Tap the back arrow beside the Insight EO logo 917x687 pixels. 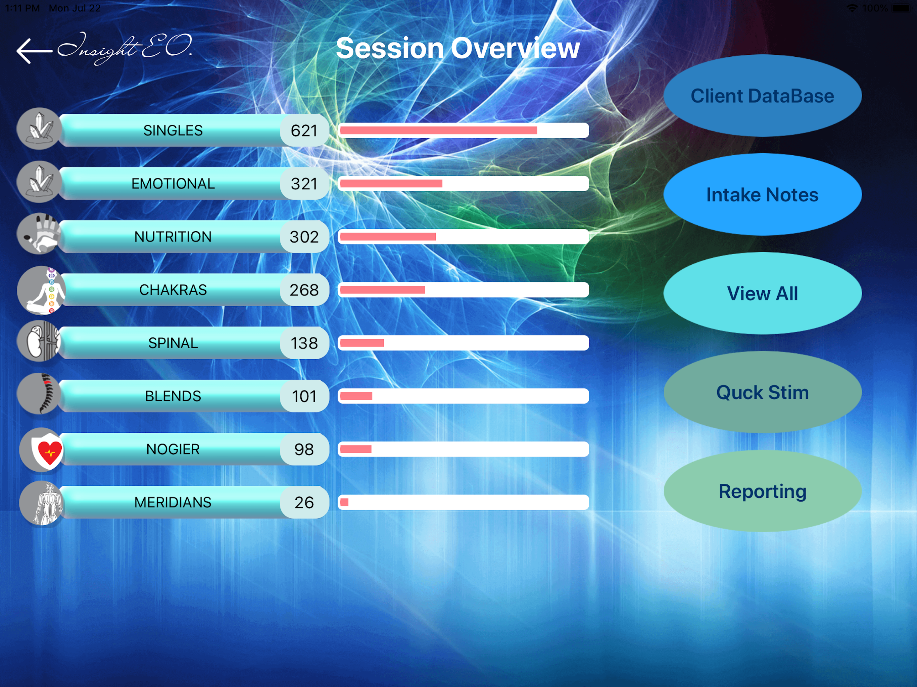pyautogui.click(x=34, y=51)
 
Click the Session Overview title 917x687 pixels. pyautogui.click(x=458, y=49)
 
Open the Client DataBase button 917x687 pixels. pyautogui.click(x=762, y=96)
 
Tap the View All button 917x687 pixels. pyautogui.click(x=762, y=294)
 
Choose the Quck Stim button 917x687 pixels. pyautogui.click(x=762, y=392)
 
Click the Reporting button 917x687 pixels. pyautogui.click(x=762, y=491)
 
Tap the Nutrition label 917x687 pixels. pyautogui.click(x=173, y=236)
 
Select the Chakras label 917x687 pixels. pyautogui.click(x=173, y=289)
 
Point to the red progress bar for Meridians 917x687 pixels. pyautogui.click(x=344, y=502)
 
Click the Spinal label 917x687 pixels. pyautogui.click(x=173, y=343)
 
